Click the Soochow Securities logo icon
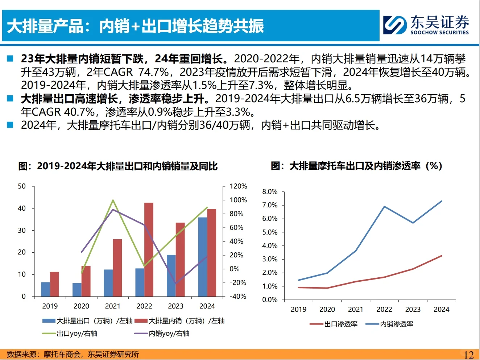tap(395, 25)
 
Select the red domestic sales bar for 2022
tap(149, 249)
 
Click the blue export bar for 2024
tap(203, 257)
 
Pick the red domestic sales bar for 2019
tap(54, 284)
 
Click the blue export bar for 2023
tap(171, 276)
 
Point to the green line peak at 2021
tap(113, 200)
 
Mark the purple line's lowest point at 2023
tap(176, 283)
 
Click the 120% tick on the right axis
tap(238, 186)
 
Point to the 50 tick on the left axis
tap(22, 186)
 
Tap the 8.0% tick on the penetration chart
tap(270, 192)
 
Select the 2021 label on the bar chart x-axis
tap(113, 306)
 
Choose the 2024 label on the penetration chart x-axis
tap(441, 309)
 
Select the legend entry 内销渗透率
tap(397, 324)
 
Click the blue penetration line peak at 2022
tap(384, 207)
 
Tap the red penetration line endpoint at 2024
tap(441, 256)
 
